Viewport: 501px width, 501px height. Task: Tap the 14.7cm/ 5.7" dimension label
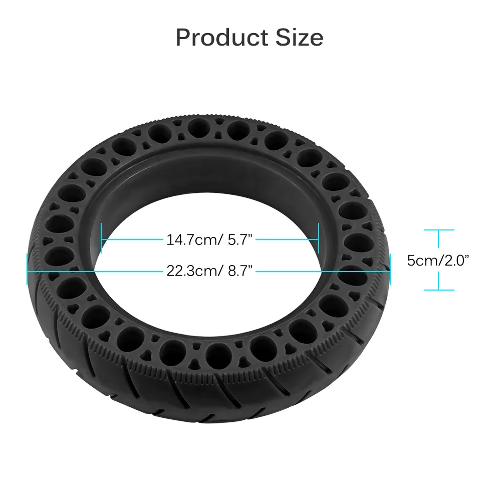pyautogui.click(x=209, y=239)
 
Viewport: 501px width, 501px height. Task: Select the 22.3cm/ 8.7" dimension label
pyautogui.click(x=209, y=271)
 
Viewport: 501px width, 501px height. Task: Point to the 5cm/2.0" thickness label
pyautogui.click(x=438, y=261)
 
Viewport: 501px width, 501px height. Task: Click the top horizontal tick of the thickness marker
pyautogui.click(x=439, y=230)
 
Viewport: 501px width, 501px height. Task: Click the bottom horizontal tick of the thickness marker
pyautogui.click(x=439, y=290)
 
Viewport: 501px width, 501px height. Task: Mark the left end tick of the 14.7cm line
pyautogui.click(x=101, y=238)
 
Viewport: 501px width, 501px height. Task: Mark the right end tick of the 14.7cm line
pyautogui.click(x=319, y=238)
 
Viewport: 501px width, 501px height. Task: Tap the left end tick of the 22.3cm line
pyautogui.click(x=27, y=269)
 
